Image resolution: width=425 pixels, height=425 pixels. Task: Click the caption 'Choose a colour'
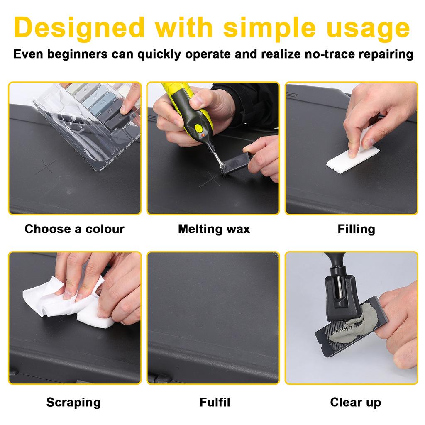point(74,229)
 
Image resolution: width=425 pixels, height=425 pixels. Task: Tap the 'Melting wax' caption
point(214,229)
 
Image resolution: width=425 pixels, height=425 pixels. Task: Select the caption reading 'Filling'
point(356,229)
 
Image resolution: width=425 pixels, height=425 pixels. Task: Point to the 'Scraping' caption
point(73,402)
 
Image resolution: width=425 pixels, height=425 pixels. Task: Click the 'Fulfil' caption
point(215,402)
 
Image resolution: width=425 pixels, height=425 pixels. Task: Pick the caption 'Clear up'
point(355,402)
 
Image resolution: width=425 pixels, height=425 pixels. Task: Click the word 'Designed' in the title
point(78,27)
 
